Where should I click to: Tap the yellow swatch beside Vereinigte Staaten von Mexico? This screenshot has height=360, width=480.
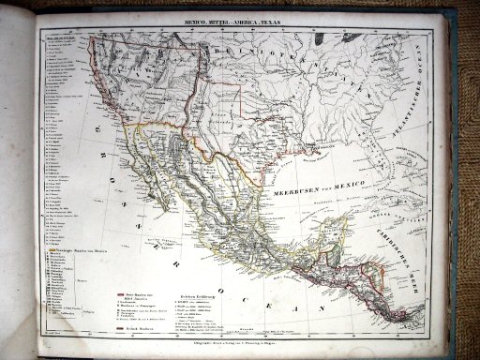48,248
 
